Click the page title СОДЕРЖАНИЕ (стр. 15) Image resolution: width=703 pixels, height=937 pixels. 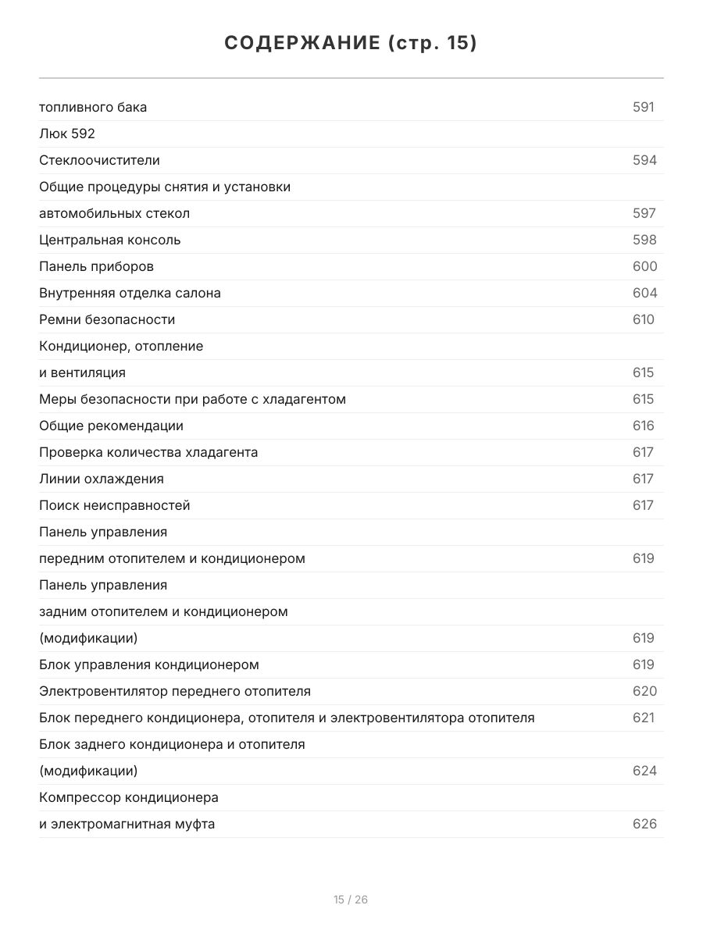351,43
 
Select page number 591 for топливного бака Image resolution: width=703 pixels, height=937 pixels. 643,107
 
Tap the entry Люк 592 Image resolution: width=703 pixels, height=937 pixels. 67,134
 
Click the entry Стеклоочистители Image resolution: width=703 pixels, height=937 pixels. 99,160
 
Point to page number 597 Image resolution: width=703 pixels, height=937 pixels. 644,213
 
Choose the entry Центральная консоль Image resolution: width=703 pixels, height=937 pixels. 110,240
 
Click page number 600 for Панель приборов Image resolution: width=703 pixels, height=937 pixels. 644,266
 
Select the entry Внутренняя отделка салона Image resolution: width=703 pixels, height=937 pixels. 130,293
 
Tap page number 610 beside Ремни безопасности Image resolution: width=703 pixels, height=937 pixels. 643,319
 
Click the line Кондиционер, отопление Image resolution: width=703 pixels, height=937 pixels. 121,346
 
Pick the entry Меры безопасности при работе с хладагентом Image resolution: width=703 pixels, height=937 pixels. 192,399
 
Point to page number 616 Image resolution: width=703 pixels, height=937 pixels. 643,426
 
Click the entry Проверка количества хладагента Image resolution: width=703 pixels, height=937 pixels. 148,452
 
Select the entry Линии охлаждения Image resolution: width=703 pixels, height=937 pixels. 102,479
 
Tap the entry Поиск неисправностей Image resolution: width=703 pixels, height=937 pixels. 115,505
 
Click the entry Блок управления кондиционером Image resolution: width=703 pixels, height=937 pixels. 149,664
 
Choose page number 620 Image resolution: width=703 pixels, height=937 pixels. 644,691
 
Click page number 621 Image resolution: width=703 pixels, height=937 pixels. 643,718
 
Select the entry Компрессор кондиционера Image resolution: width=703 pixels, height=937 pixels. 129,797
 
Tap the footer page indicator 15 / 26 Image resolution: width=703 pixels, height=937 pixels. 351,900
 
